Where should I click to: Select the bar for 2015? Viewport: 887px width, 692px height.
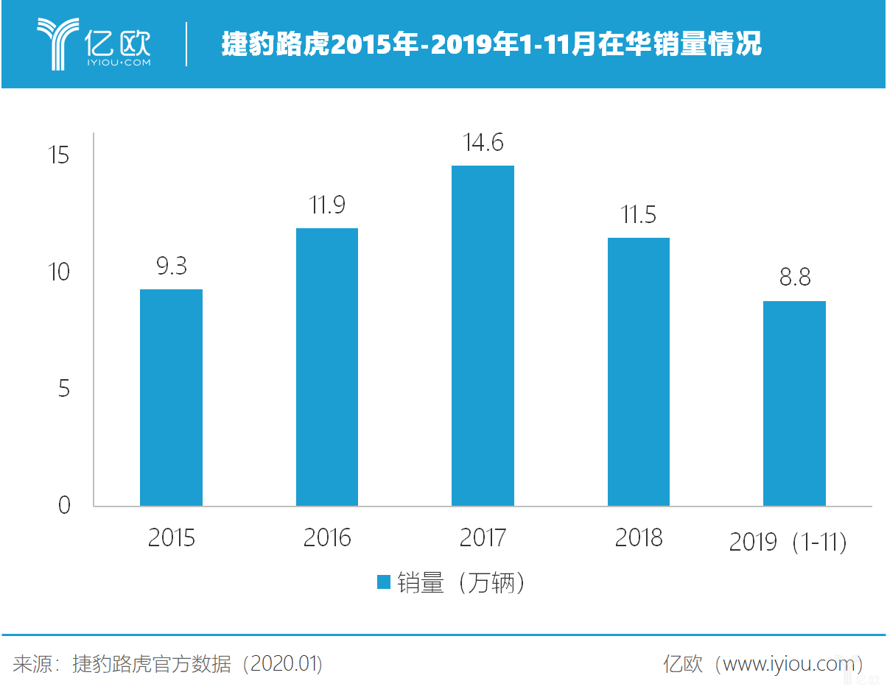[171, 398]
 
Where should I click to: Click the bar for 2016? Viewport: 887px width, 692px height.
[327, 367]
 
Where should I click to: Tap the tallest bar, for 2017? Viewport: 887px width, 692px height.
[483, 336]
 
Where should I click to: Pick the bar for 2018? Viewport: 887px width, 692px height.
[639, 372]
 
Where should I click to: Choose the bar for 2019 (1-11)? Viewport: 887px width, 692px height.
[794, 403]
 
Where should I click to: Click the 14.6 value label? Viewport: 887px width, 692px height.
[483, 143]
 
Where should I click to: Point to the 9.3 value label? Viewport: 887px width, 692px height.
[172, 266]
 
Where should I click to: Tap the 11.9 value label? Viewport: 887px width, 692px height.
[327, 205]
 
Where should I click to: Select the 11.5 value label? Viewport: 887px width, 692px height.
[639, 214]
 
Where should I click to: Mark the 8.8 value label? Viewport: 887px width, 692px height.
[795, 278]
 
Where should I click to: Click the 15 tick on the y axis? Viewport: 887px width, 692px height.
[59, 155]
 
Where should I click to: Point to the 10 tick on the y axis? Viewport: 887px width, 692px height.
[59, 272]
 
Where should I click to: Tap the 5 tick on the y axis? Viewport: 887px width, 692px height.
[64, 389]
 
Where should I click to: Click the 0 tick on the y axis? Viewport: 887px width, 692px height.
[64, 505]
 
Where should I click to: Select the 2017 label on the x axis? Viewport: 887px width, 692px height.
[483, 537]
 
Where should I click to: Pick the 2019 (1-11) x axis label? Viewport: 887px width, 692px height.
[788, 542]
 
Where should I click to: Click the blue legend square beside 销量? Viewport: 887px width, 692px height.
[383, 582]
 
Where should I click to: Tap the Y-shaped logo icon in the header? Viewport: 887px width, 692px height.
[58, 44]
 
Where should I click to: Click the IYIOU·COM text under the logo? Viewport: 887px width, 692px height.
[119, 63]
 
